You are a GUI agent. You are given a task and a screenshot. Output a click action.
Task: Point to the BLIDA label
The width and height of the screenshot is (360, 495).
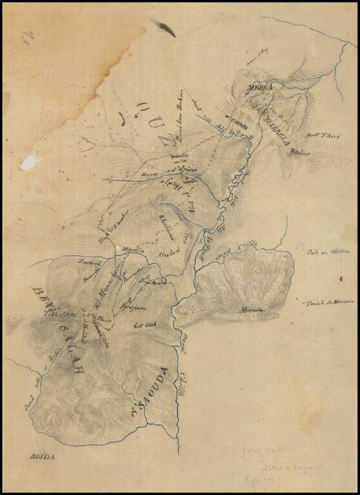43,457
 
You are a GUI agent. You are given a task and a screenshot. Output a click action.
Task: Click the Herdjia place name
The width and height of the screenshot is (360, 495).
133,250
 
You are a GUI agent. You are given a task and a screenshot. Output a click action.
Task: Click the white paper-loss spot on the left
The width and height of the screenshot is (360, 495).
28,163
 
